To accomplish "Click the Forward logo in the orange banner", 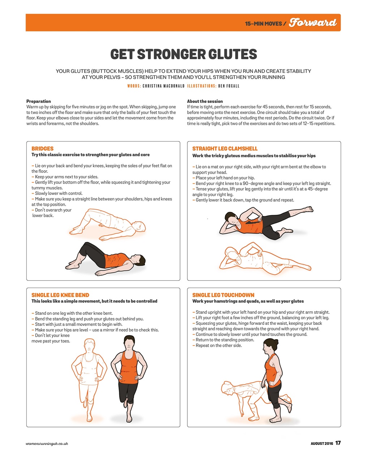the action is (313, 22).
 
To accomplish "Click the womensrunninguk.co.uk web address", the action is (47, 444).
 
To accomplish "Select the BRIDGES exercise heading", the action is (42, 149).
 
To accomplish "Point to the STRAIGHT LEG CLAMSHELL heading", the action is (225, 149).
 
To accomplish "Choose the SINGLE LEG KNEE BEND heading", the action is (60, 295).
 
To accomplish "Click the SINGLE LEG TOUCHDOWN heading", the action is (223, 295).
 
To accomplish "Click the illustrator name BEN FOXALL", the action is (229, 86).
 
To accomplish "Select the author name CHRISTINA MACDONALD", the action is (163, 86).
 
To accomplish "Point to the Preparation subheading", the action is (38, 101).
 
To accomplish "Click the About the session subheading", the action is (205, 101).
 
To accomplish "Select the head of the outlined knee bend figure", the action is (90, 346).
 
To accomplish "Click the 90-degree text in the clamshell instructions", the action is (251, 184).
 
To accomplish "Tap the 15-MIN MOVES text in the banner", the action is (263, 23).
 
